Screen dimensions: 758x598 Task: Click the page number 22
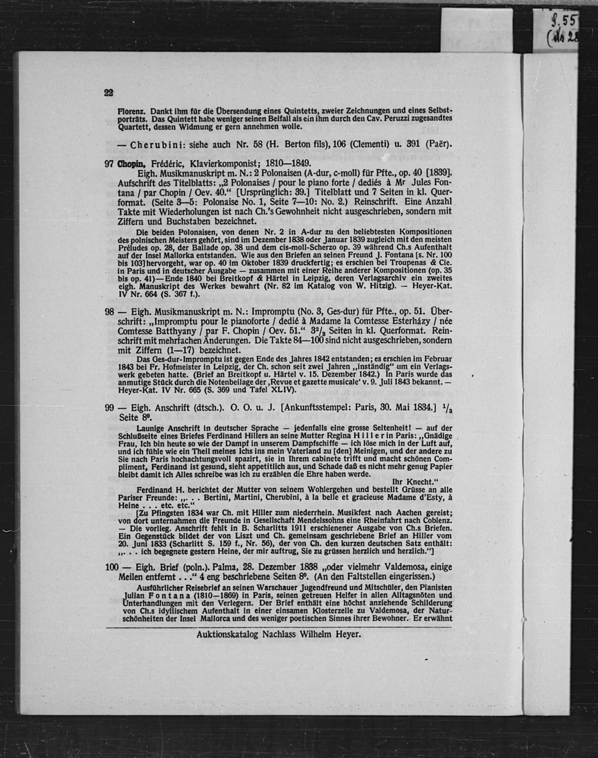click(108, 93)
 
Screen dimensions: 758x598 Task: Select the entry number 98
click(109, 312)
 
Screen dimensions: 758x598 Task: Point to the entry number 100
click(112, 567)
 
